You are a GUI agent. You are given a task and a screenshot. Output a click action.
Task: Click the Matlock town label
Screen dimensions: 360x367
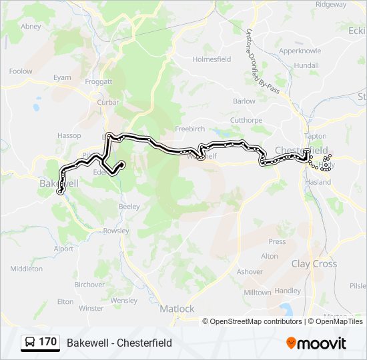point(177,309)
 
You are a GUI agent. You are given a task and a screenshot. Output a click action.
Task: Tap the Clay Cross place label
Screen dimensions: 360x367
point(314,263)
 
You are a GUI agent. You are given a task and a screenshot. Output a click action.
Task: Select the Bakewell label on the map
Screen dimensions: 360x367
point(59,182)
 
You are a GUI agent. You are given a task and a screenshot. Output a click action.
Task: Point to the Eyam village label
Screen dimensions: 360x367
point(62,77)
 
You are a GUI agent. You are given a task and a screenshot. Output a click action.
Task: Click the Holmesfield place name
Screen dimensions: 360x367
point(212,59)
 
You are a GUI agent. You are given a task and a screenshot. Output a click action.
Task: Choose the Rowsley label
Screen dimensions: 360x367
point(115,231)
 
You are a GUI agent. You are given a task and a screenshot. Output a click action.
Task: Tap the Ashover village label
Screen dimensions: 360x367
point(250,271)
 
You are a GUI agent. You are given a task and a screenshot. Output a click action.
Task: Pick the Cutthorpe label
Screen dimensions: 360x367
point(246,120)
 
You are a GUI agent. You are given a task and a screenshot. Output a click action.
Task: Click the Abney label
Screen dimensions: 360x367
point(31,27)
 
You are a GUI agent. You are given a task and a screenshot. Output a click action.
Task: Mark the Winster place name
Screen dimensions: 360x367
point(91,308)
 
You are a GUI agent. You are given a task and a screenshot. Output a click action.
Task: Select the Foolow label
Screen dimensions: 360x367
point(21,71)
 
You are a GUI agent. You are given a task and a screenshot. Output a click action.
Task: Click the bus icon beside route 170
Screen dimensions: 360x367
point(30,343)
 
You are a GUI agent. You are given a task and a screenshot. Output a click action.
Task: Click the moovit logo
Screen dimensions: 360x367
point(316,343)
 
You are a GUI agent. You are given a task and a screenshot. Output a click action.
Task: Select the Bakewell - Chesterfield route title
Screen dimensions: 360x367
point(119,343)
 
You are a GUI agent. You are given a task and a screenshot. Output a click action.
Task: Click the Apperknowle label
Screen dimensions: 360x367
point(300,51)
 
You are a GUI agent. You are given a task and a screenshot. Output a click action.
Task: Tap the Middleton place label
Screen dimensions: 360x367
point(27,269)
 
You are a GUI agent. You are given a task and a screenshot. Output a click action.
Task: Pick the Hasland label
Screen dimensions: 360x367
point(318,181)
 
